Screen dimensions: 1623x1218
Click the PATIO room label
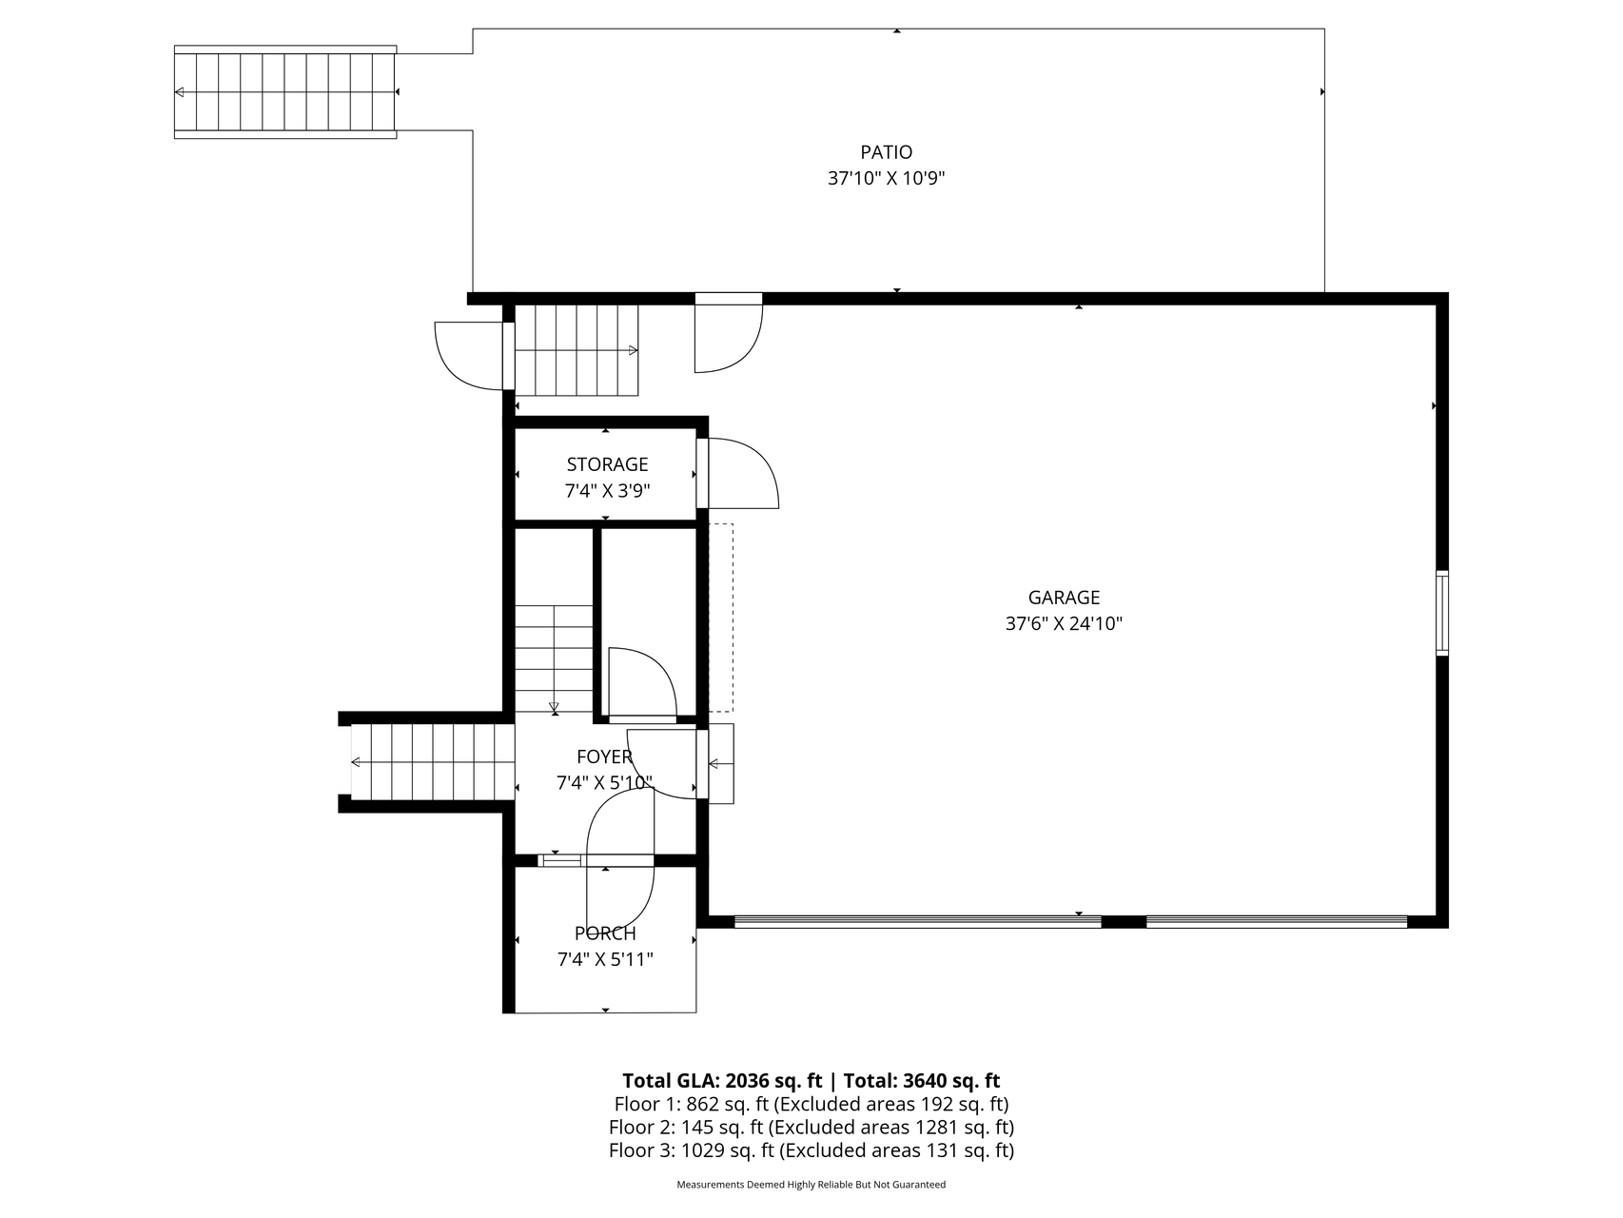coord(886,152)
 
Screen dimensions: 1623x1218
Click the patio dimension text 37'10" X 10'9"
coord(886,178)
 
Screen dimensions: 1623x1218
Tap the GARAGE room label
coord(1064,598)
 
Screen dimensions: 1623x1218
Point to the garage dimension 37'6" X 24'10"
coord(1064,624)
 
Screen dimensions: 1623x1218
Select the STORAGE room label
coord(607,464)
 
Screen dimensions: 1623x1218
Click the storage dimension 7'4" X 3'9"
coord(607,491)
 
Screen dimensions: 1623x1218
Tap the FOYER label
coord(604,756)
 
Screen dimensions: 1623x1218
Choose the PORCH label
coord(605,933)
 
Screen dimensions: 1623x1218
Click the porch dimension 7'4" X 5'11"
coord(605,959)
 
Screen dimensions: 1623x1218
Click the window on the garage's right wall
coord(1442,613)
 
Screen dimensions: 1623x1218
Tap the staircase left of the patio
coord(285,91)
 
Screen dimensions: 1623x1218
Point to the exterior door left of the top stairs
coord(469,356)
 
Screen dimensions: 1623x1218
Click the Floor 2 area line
coord(811,1128)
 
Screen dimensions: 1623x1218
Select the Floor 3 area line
coord(811,1150)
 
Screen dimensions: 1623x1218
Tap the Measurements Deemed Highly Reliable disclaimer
coord(811,1185)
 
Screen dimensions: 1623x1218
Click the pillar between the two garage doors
coord(1124,921)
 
